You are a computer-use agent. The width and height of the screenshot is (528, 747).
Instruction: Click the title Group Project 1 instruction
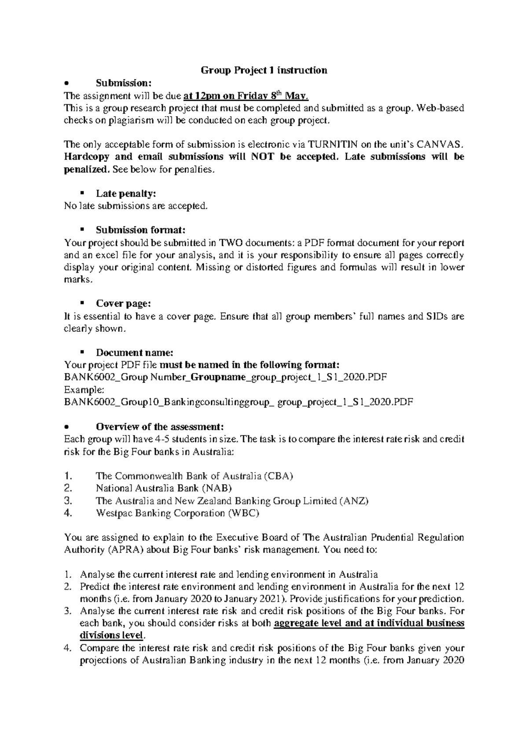264,70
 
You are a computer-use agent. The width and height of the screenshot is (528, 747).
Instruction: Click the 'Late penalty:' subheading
126,194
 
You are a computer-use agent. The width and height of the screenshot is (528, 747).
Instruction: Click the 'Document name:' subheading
135,353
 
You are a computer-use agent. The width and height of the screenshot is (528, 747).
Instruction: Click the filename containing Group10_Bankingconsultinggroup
238,402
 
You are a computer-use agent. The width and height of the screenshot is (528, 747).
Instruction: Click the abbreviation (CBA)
278,476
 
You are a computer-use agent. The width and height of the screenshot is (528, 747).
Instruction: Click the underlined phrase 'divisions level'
111,636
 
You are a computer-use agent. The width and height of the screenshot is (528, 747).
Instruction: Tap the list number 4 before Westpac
67,513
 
